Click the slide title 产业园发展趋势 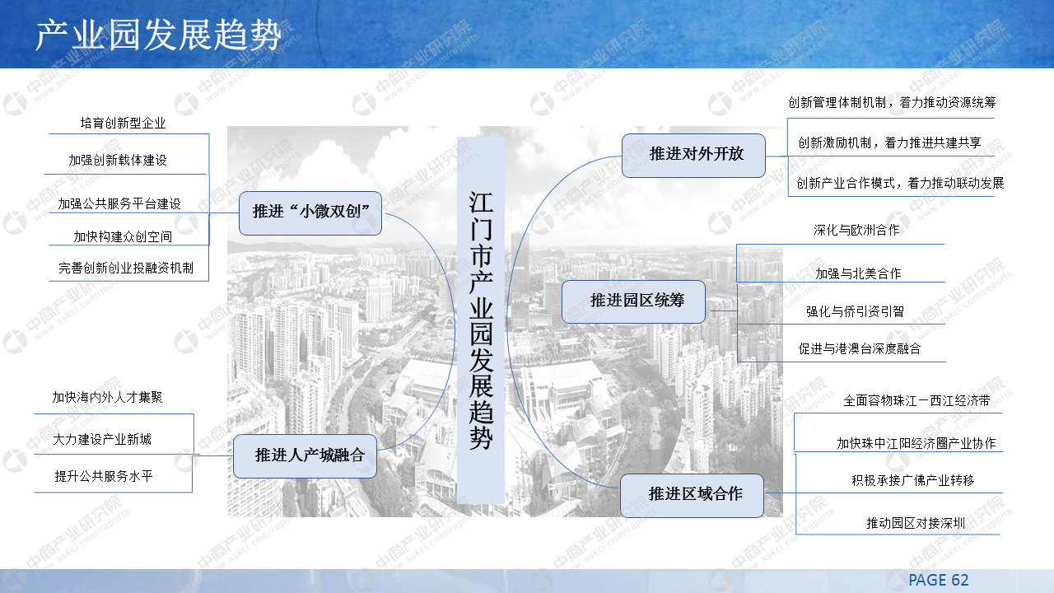pos(158,35)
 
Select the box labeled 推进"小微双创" pos(310,212)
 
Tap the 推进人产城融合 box pos(305,455)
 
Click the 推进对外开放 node pos(693,155)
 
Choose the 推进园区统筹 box pos(633,301)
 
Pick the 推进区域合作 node pos(692,495)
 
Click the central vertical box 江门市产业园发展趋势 pos(481,320)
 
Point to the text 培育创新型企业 pos(124,124)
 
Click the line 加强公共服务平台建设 pos(119,203)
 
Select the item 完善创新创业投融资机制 pos(126,268)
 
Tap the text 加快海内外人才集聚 pos(108,397)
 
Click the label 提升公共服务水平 pos(104,476)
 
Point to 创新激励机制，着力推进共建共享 pos(889,142)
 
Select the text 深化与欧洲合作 pos(856,231)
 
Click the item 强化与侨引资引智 pos(855,311)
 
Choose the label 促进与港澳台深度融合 pos(860,348)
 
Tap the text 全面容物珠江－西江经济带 pos(916,401)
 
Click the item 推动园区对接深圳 pos(916,523)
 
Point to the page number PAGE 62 pos(939,580)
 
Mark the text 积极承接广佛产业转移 pos(912,480)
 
